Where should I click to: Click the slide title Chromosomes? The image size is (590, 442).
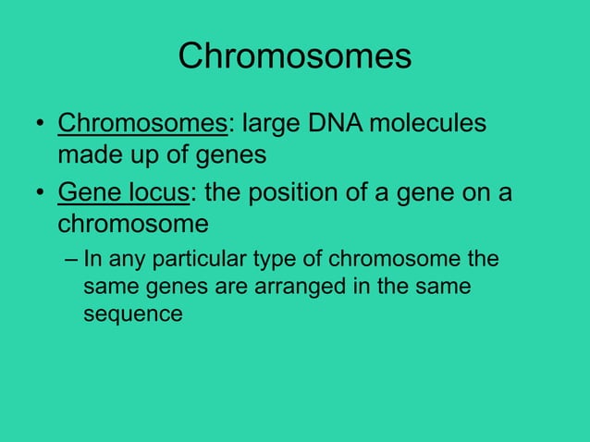294,56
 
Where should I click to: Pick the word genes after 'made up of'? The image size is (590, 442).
228,155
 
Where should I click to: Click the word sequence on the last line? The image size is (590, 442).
133,314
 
